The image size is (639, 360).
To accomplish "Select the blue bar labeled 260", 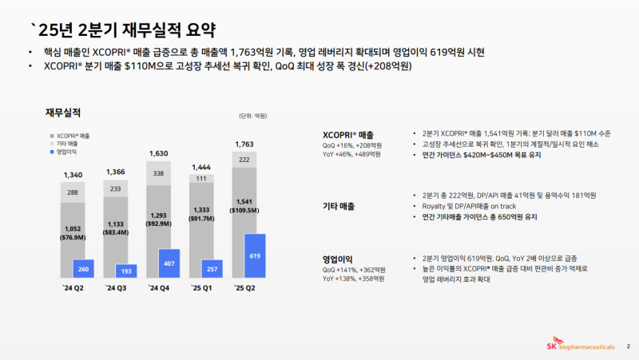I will click(83, 268).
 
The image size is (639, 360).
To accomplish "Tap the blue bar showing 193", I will click(126, 271).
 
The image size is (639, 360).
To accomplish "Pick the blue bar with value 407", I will click(169, 263).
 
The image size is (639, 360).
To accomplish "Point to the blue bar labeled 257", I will click(212, 268).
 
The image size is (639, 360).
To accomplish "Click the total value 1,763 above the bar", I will click(244, 144).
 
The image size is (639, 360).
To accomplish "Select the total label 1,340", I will click(73, 174).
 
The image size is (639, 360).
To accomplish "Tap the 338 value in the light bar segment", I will click(158, 172).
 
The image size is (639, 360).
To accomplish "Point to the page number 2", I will click(628, 346).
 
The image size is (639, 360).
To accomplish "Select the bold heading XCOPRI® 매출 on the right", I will click(347, 134).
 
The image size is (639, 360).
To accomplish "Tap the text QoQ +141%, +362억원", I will click(354, 269).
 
